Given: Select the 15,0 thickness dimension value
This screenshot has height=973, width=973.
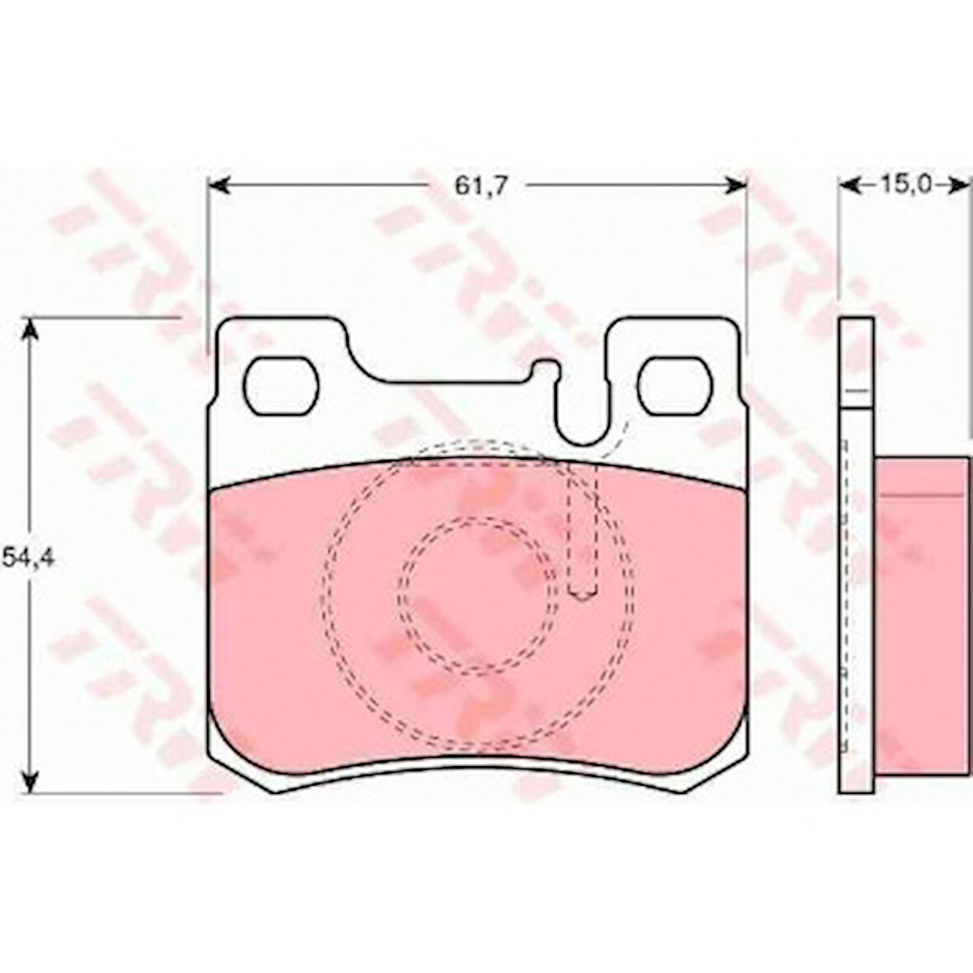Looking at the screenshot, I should [x=902, y=185].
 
